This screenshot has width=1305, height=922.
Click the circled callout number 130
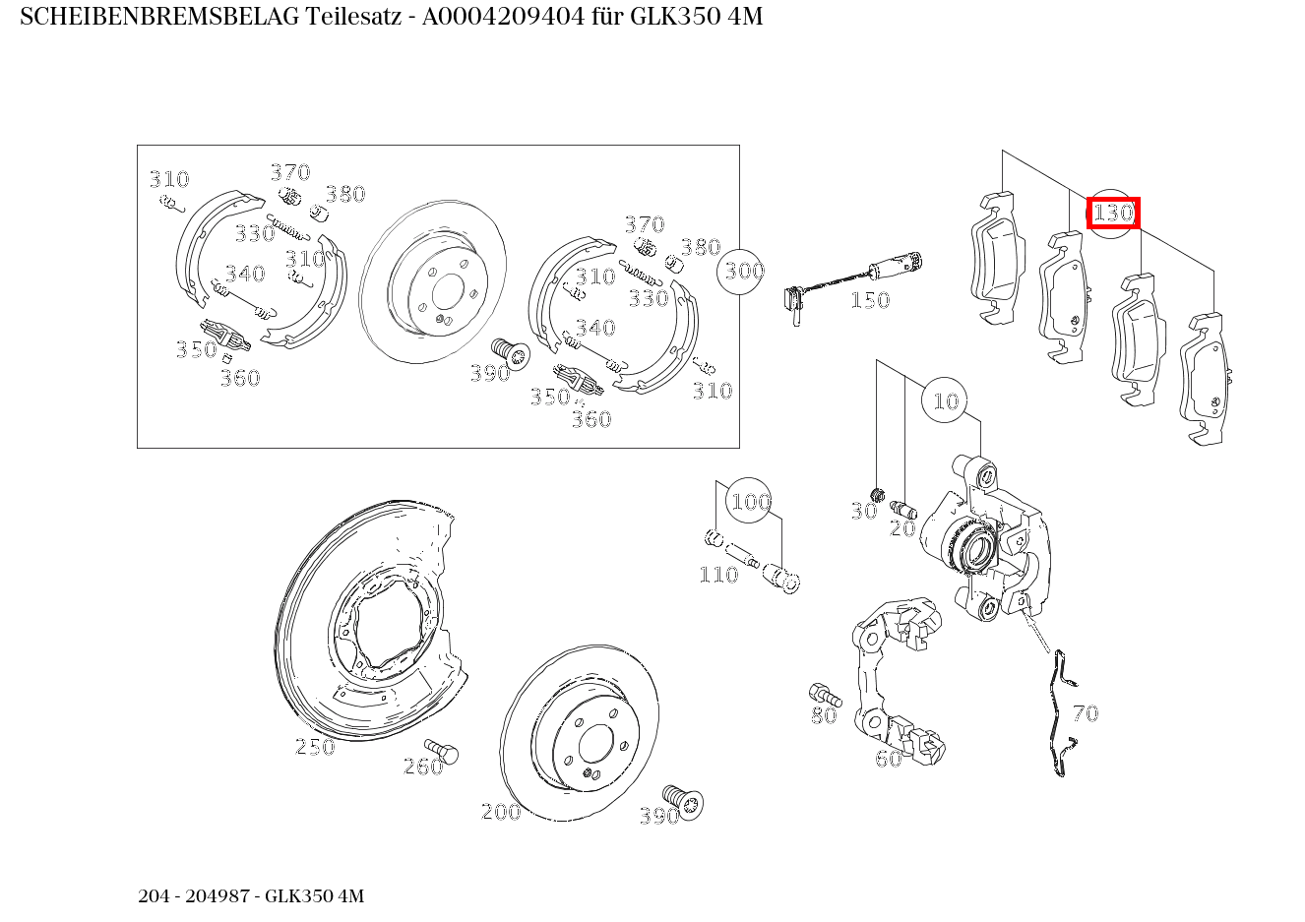coord(1113,212)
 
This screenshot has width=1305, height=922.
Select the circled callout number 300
coord(743,270)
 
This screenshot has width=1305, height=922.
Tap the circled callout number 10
coord(945,400)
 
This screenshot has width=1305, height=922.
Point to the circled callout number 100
coord(749,502)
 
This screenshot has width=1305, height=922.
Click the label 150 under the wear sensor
coord(870,300)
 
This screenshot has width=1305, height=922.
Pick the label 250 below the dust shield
coord(315,747)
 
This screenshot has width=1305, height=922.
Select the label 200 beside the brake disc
coord(500,812)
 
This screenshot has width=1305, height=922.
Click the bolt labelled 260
coord(444,753)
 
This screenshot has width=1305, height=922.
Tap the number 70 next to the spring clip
coord(1085,713)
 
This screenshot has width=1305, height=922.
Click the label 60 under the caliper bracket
coord(888,759)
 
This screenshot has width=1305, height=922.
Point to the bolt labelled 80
coord(821,693)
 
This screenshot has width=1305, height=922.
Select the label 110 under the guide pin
coord(718,575)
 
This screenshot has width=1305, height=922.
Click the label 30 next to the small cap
coord(863,511)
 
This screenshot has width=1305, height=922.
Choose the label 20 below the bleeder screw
coord(902,528)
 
